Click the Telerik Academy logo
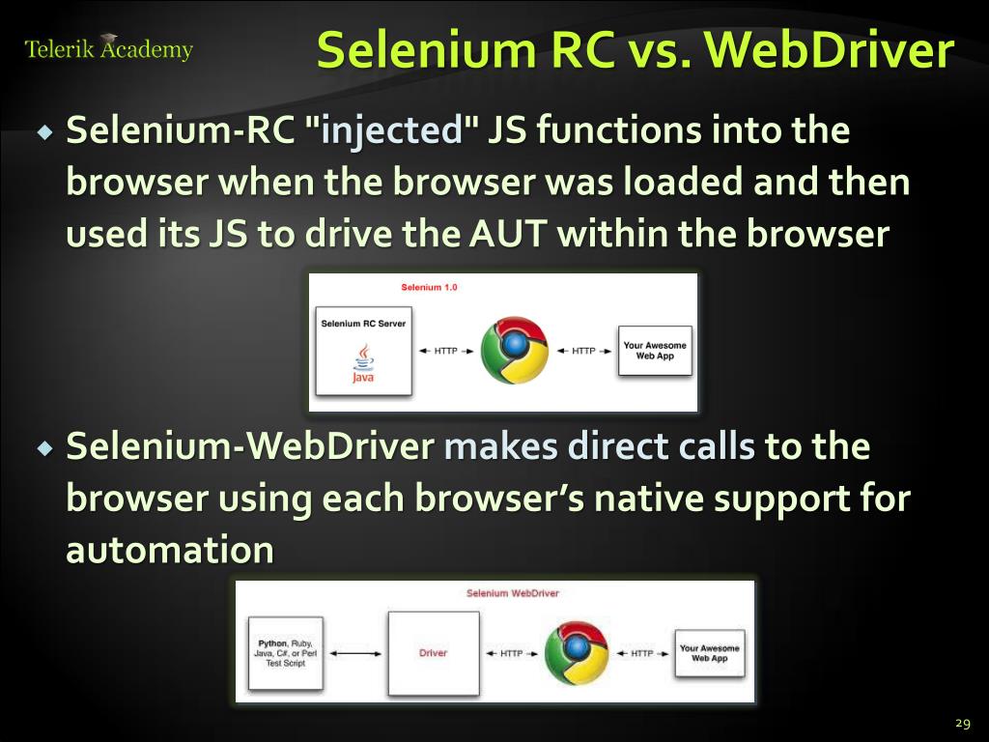click(108, 48)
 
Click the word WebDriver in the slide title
click(830, 51)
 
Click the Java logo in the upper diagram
click(363, 366)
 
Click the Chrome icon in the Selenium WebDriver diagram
click(577, 653)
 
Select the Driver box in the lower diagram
click(433, 653)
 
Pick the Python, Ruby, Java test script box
click(285, 653)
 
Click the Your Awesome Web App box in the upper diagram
click(655, 351)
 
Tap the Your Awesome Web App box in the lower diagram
click(710, 653)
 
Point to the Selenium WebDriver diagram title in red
click(513, 593)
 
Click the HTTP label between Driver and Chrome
click(512, 654)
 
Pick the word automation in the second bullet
click(170, 551)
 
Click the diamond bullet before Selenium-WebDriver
click(44, 449)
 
